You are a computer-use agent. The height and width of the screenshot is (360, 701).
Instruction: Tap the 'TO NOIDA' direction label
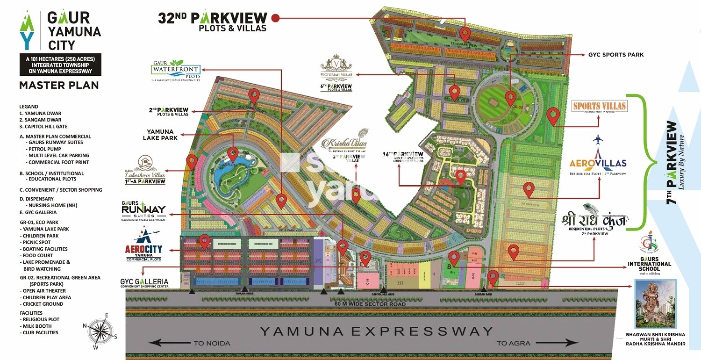211,343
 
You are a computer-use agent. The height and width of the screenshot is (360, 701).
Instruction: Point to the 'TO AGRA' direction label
513,343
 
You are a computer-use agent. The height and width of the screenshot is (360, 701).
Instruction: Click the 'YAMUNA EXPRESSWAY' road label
376,331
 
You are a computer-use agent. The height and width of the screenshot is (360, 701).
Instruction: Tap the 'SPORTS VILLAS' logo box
600,106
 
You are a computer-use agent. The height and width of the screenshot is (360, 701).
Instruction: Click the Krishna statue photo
656,304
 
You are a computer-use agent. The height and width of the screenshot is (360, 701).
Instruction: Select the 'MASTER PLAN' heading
59,85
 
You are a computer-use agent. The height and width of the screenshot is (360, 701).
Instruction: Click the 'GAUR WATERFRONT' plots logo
176,71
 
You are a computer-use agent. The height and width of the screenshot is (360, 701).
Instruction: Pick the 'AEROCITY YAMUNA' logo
143,246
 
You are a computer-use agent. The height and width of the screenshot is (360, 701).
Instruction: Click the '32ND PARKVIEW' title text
213,19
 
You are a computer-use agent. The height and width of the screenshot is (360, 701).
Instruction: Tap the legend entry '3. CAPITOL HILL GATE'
44,127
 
